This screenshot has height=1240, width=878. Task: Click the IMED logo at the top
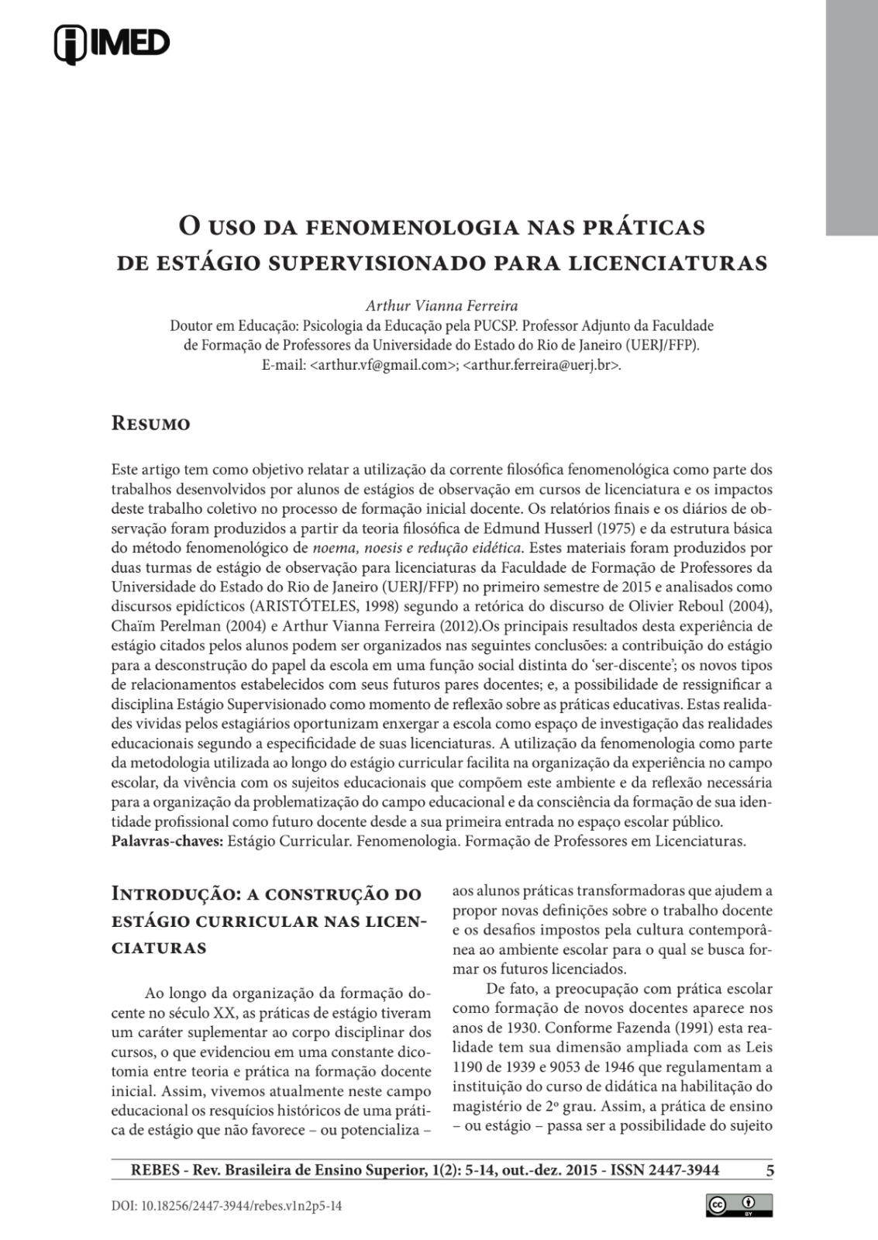[112, 43]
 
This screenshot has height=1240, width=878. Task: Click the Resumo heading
[151, 424]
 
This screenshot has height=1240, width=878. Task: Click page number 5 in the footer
[770, 1170]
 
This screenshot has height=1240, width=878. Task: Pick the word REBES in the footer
[143, 1170]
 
